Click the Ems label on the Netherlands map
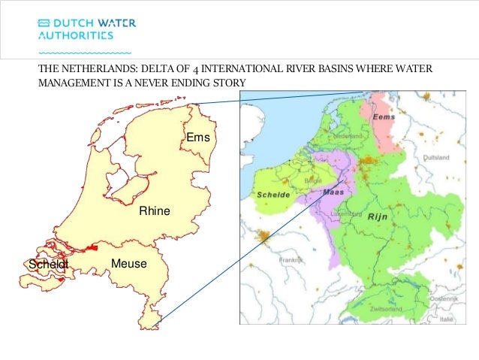198,138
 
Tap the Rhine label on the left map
155,212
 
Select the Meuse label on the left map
128,264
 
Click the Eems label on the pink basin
384,118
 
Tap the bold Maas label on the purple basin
332,192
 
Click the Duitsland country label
435,158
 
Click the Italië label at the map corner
447,319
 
